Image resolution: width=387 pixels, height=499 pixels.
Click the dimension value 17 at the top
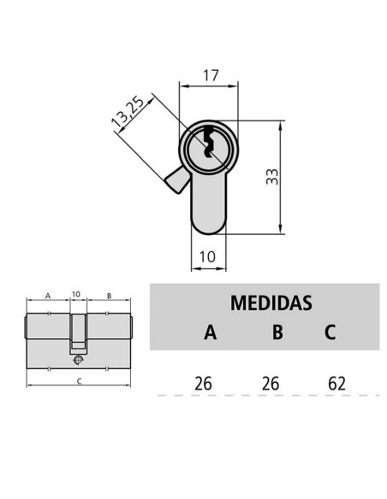[208, 75]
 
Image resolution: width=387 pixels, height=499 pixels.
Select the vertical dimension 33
[272, 177]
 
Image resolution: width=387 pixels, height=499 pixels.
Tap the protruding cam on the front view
[176, 180]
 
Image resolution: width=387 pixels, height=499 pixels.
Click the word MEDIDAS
[271, 302]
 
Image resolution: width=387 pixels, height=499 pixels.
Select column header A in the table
[211, 332]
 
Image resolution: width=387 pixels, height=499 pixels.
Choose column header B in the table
[277, 332]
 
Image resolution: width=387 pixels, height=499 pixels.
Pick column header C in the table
[330, 332]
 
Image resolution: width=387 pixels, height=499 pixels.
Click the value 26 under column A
[203, 382]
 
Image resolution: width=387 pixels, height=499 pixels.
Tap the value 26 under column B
[270, 382]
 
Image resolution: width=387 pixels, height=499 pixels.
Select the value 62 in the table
[336, 382]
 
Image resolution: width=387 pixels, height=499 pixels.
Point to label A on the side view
[48, 295]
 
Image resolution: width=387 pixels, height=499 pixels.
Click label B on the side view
[109, 295]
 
